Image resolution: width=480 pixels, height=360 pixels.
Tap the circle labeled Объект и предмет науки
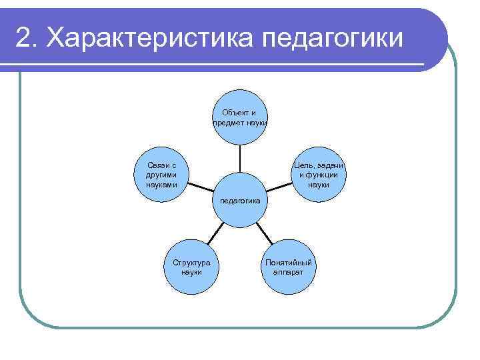[240, 117]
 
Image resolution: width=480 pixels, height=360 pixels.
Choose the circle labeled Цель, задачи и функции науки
[319, 175]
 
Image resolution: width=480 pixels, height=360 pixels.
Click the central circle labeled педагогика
[240, 201]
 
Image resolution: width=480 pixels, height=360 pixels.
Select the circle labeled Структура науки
[191, 267]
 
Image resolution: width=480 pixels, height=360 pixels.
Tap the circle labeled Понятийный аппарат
[289, 267]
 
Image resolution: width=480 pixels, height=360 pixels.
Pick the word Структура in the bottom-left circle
[191, 263]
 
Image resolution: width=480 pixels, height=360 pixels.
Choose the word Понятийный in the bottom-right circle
[289, 263]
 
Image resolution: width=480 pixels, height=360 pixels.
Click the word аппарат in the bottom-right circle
[289, 272]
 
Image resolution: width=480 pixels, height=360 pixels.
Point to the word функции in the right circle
[322, 175]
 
